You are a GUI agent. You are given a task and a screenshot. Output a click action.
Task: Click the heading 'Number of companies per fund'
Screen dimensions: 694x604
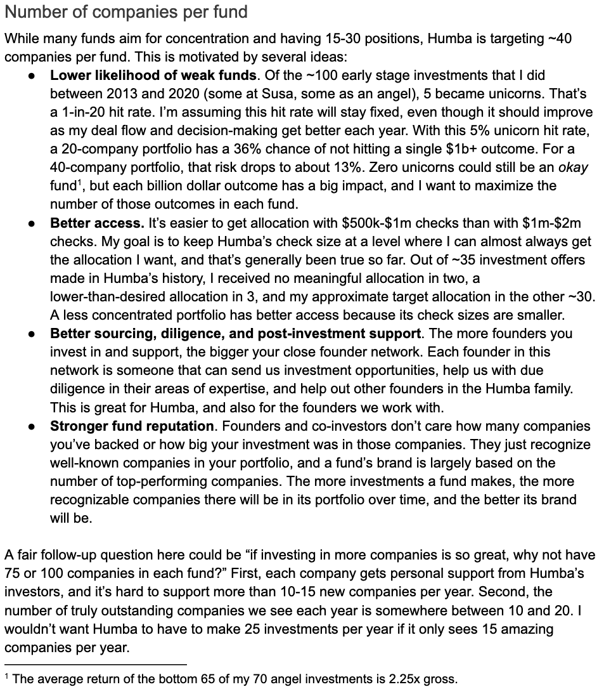(125, 12)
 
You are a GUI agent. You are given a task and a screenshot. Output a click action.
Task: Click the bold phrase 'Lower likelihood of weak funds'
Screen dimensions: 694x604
(153, 75)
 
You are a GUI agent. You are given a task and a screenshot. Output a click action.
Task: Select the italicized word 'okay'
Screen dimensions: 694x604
(573, 167)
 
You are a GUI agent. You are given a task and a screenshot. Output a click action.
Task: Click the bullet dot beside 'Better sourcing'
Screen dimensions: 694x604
(32, 334)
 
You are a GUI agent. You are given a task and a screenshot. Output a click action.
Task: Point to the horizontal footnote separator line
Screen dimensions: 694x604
(95, 664)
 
